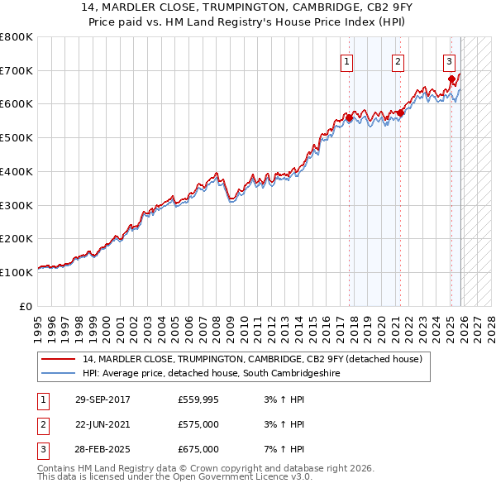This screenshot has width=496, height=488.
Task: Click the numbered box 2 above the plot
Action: pos(398,60)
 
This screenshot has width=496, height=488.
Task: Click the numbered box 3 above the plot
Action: pos(449,60)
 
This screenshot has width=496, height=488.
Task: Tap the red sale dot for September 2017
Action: pos(349,118)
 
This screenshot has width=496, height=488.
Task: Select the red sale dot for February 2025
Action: pos(451,80)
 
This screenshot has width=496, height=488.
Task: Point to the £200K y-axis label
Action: pos(17,238)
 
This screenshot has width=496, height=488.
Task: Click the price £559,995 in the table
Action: pos(198,399)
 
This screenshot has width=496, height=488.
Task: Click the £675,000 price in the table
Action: pos(198,449)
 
